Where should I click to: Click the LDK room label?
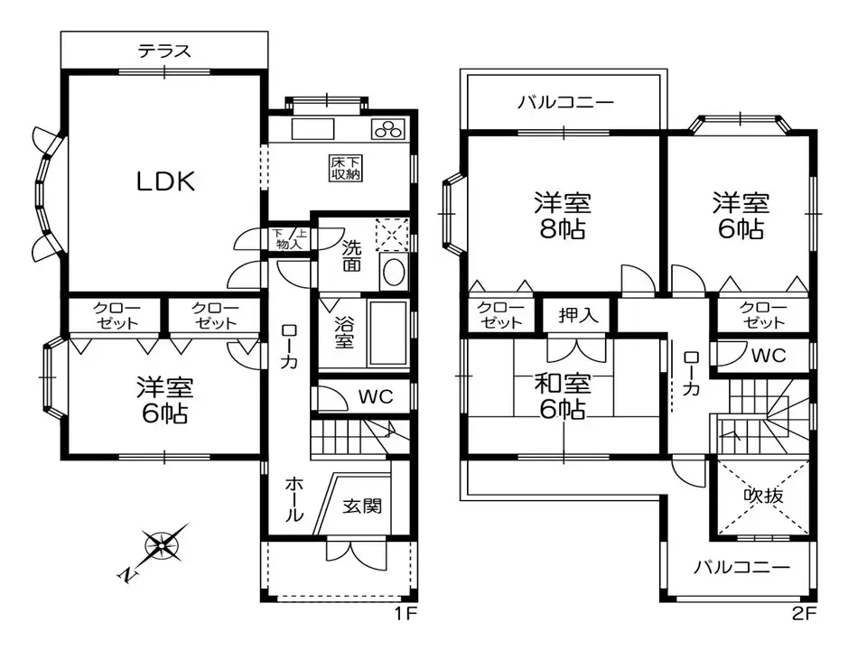(165, 181)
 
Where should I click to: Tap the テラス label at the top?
(164, 51)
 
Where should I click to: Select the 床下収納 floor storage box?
(345, 168)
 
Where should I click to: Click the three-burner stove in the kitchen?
(390, 129)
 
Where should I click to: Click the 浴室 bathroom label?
(344, 331)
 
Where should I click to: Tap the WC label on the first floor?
(373, 396)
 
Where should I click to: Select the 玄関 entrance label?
(362, 505)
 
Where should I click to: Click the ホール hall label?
(294, 499)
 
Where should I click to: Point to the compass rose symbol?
(163, 543)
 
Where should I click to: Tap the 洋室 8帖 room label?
(562, 215)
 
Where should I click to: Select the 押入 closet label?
(578, 316)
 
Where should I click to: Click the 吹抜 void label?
(763, 496)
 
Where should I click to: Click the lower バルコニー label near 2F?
(741, 568)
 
